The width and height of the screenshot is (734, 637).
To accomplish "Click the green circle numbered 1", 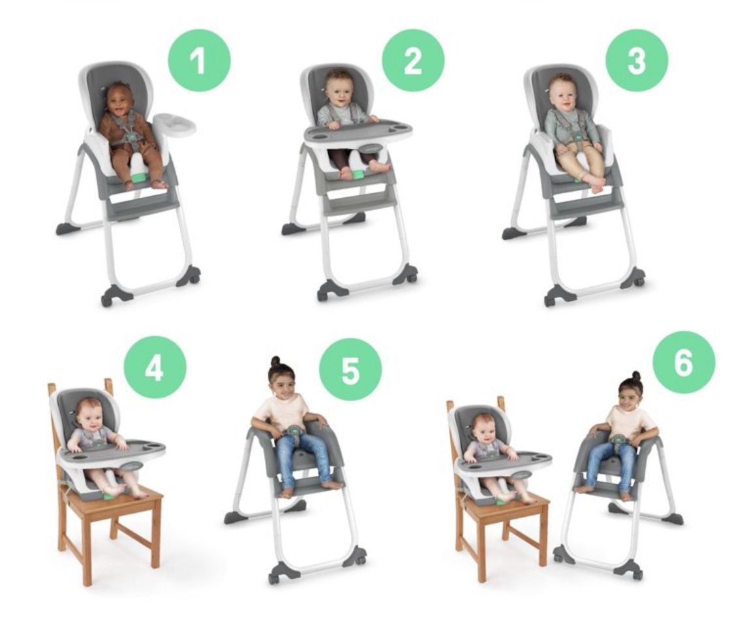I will coord(199,60).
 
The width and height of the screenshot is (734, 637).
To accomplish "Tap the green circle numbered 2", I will coord(413,60).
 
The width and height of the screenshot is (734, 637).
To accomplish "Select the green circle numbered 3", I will coord(636,60).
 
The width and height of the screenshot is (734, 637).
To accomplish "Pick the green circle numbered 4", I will coord(155,368).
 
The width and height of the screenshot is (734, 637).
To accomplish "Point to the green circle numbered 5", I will coord(350,369).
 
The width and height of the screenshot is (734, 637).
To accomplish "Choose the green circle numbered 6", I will coord(683,362).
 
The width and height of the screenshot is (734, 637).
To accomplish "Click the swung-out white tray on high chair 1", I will coord(174,124).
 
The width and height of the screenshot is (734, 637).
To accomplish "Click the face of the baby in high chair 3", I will coord(562,92).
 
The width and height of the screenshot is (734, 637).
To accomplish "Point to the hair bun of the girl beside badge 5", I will coord(276,361).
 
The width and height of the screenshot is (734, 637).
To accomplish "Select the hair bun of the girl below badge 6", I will coord(635,377).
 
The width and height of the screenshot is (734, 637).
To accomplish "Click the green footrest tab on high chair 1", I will coord(138,178).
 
